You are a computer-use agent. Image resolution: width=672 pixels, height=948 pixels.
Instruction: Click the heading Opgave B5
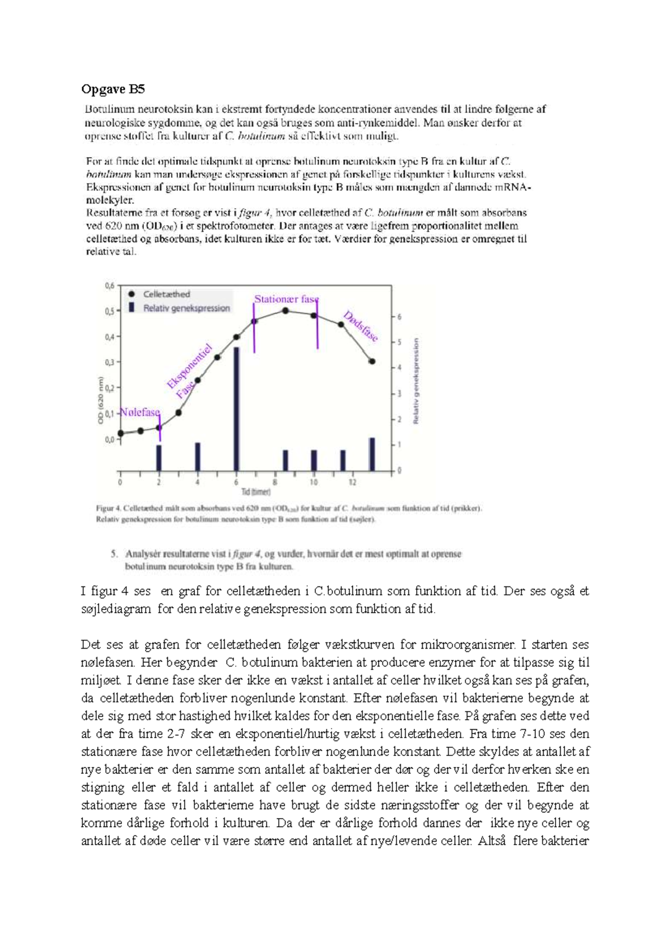coord(113,89)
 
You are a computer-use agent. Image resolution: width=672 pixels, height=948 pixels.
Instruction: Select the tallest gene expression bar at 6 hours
coord(237,409)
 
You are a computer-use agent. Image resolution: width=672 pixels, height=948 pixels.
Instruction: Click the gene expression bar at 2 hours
coord(159,457)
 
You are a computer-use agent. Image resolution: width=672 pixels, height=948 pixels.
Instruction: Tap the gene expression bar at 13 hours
coord(372,454)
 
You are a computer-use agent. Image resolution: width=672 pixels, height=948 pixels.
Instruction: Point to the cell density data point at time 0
coord(121,433)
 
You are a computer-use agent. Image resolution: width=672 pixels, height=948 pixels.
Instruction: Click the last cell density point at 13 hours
coord(372,362)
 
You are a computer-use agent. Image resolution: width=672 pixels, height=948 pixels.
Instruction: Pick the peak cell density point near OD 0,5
coord(286,310)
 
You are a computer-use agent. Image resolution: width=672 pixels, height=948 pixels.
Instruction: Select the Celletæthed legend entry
coord(166,294)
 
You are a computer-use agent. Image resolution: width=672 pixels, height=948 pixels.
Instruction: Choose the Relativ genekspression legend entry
coord(186,308)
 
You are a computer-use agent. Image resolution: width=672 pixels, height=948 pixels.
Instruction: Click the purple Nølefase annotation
coord(140,412)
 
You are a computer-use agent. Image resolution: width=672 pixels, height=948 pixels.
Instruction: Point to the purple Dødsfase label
coord(361,326)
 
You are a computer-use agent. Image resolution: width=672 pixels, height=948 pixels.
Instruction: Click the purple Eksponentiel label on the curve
coord(190,367)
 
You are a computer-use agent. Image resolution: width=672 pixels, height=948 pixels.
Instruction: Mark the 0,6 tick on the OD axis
coord(109,286)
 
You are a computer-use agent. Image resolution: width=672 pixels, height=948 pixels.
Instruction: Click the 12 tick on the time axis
coord(352,482)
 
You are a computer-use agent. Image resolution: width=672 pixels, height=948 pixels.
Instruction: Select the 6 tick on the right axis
coord(399,317)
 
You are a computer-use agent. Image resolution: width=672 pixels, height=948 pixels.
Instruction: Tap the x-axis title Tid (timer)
coord(256,492)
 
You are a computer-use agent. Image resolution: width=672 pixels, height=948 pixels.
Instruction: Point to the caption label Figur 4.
coord(108,509)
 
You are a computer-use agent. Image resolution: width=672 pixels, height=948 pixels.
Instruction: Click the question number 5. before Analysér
coord(114,554)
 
